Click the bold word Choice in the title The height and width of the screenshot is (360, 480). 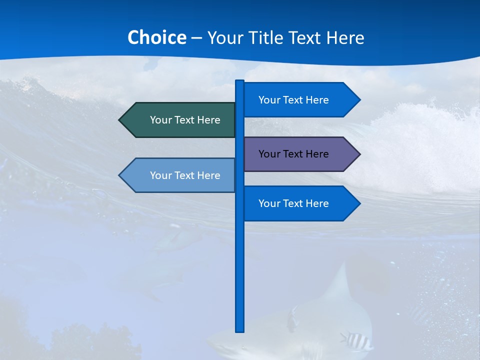click(156, 37)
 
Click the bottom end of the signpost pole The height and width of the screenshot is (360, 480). click(240, 330)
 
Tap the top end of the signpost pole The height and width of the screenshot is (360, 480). click(240, 81)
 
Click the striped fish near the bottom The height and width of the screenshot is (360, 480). click(357, 341)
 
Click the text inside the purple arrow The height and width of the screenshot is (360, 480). click(293, 154)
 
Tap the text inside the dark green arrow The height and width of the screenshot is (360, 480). click(185, 120)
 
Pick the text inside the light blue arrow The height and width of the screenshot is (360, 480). click(185, 175)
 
